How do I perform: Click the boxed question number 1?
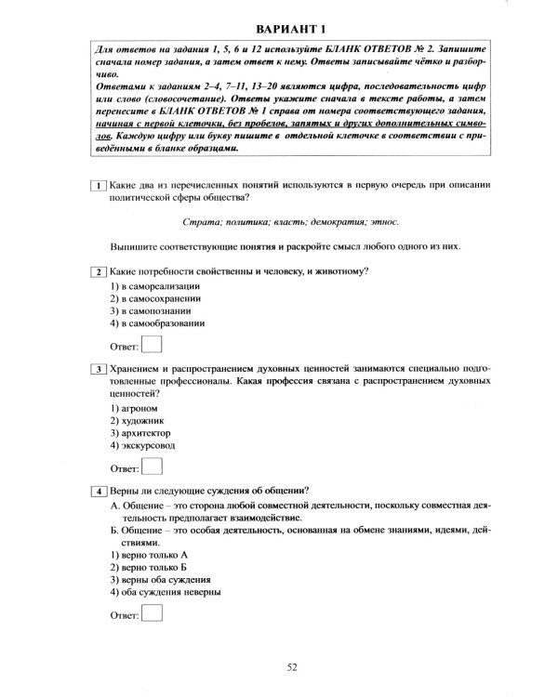(x=98, y=186)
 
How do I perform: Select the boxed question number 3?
(x=98, y=370)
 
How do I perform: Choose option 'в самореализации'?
(x=154, y=286)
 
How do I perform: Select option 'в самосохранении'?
(x=154, y=299)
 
